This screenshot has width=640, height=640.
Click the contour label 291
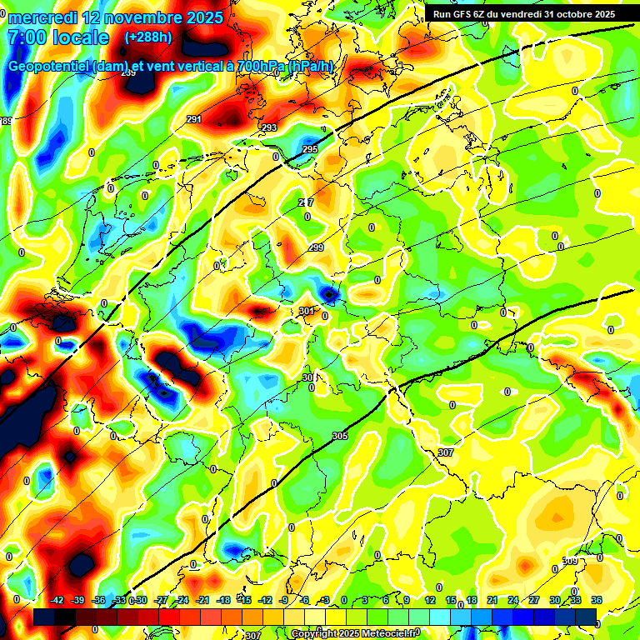(193, 120)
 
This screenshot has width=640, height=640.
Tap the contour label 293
(269, 127)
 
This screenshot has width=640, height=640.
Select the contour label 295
(309, 149)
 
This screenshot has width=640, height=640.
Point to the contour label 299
(316, 247)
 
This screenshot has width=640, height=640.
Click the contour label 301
(307, 311)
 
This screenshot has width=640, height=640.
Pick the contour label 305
(339, 436)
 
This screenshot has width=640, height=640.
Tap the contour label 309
(570, 561)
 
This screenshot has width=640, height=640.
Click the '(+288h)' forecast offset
(150, 37)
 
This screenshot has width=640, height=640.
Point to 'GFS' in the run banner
(467, 14)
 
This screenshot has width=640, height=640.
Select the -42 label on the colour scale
(57, 600)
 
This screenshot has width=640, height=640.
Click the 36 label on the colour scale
(596, 600)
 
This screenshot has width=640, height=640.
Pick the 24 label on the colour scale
(513, 600)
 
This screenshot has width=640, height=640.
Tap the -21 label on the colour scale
(202, 600)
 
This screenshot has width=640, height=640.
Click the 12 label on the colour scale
(429, 600)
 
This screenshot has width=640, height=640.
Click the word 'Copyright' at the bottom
(315, 634)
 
